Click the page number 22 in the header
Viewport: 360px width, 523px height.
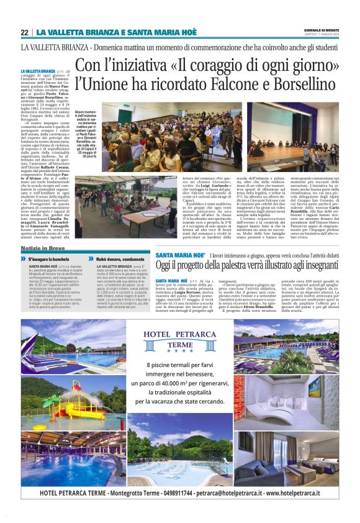(24, 32)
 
